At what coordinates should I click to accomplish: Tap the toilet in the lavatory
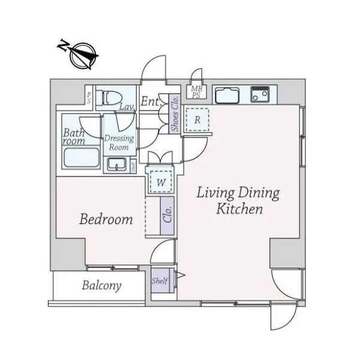[x=109, y=98]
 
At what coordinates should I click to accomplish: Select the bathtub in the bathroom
[x=82, y=158]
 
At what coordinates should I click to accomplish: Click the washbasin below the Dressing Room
[x=117, y=164]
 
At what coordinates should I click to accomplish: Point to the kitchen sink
[x=227, y=95]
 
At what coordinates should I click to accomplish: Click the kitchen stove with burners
[x=260, y=94]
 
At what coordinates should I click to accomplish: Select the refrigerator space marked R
[x=197, y=119]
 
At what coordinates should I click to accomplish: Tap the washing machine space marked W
[x=161, y=182]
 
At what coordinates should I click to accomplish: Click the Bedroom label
[x=106, y=219]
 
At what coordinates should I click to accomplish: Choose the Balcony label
[x=102, y=286]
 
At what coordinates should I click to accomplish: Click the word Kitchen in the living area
[x=239, y=209]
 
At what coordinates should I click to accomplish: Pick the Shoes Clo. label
[x=175, y=114]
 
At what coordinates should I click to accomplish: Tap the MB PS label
[x=197, y=92]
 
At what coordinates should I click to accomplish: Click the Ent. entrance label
[x=151, y=101]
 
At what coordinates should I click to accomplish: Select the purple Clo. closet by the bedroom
[x=167, y=215]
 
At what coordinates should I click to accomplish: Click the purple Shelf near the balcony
[x=160, y=280]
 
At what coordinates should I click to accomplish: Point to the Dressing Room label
[x=119, y=143]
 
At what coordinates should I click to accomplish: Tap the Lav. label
[x=127, y=107]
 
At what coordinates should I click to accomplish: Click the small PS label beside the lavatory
[x=89, y=98]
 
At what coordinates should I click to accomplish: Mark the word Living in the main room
[x=215, y=193]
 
